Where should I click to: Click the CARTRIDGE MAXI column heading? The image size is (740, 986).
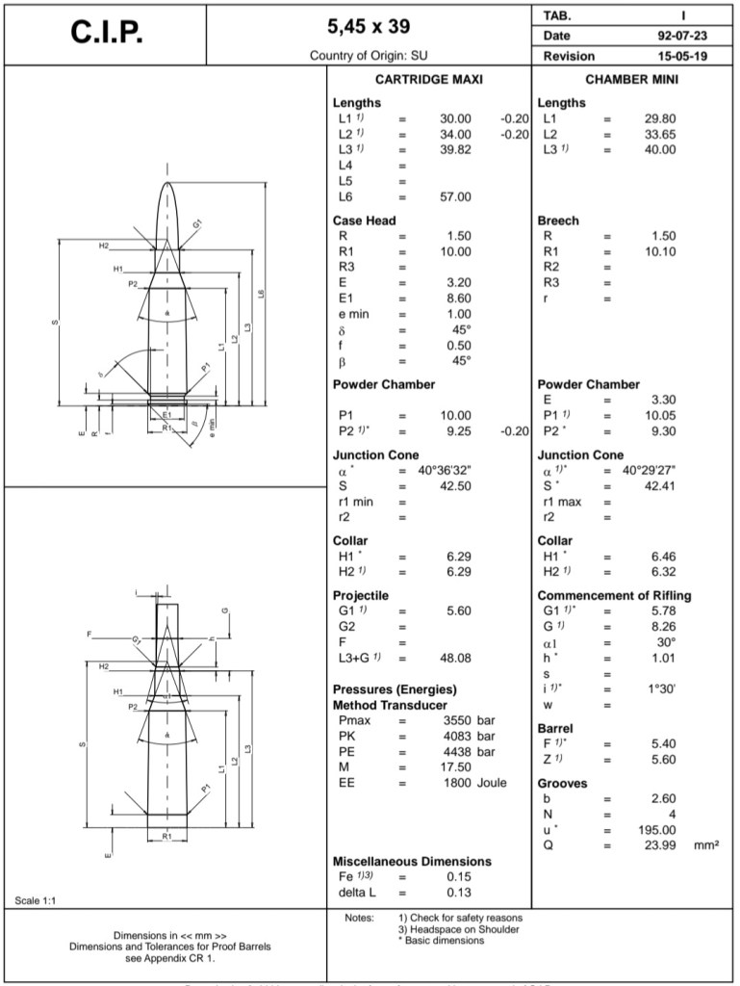tap(428, 80)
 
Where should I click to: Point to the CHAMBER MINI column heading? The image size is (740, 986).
tap(631, 80)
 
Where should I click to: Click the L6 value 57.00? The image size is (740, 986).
tap(455, 196)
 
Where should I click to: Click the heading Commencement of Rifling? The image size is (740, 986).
tap(614, 595)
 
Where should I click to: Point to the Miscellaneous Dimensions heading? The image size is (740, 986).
tap(412, 861)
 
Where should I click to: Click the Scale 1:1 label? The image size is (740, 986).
tap(37, 900)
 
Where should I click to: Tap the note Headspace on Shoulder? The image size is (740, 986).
tap(459, 929)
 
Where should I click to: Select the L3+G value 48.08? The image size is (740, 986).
tap(455, 658)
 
